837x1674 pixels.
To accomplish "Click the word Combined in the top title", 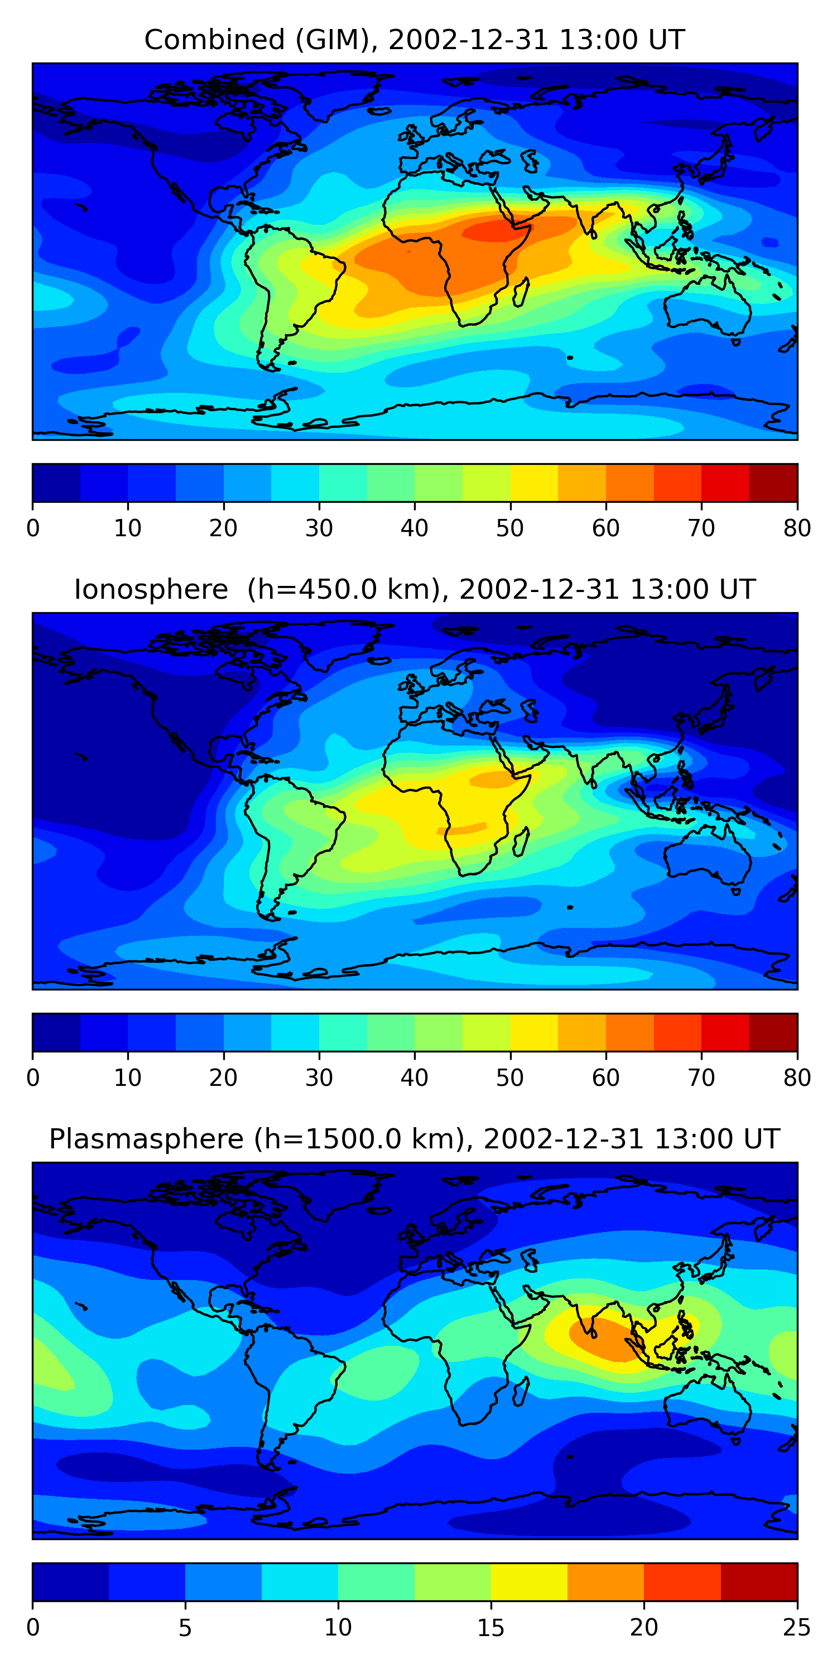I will point(214,40).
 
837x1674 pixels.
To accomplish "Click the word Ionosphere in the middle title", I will point(151,589).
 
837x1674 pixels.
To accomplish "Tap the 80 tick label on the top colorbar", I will point(797,528).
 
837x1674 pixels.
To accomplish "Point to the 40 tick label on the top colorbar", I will point(414,528).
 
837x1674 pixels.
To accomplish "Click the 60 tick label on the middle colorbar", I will point(605,1078).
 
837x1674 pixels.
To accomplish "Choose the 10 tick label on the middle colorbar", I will point(127,1078).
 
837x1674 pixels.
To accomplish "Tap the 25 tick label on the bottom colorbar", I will point(797,1628).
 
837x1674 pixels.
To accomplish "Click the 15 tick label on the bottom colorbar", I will point(490,1628).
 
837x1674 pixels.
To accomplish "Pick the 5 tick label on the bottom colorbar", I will point(185,1628).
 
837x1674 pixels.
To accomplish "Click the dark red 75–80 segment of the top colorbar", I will point(773,483).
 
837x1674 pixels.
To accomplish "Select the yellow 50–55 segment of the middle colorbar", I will point(534,1033).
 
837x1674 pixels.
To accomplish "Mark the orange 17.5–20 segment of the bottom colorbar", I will point(605,1582).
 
